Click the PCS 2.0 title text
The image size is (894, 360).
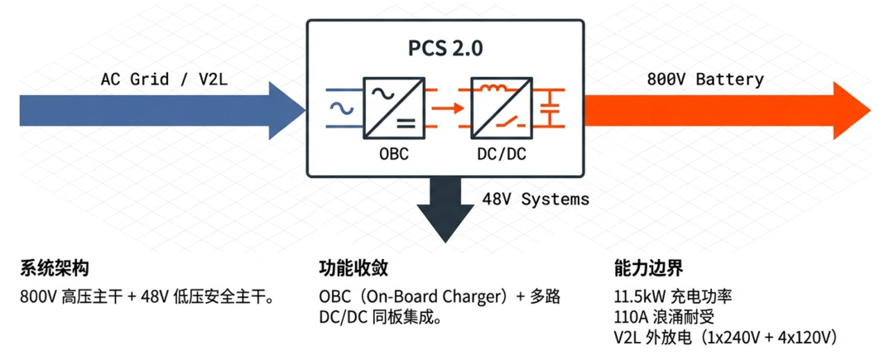coord(445,48)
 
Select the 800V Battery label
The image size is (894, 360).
coord(704,79)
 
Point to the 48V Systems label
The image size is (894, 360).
coord(536,199)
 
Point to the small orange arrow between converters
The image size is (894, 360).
coord(445,108)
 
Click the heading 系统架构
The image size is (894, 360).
coord(54,269)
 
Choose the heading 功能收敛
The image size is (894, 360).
coord(353,269)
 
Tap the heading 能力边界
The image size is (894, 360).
coord(648,269)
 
